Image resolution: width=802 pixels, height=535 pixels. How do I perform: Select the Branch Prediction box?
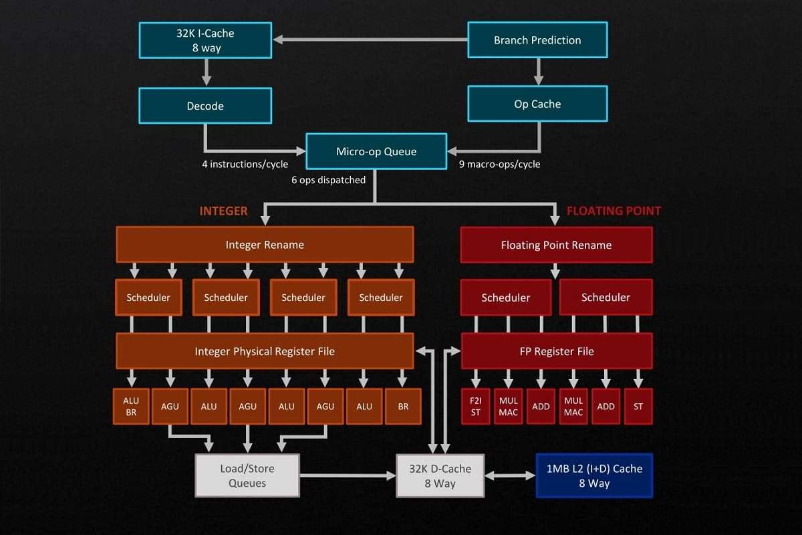click(537, 40)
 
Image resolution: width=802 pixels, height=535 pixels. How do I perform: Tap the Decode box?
click(205, 106)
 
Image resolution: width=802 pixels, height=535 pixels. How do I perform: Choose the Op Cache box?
click(537, 104)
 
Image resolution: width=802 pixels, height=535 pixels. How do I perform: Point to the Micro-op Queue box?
click(376, 151)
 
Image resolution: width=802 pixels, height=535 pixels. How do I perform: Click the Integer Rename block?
click(265, 245)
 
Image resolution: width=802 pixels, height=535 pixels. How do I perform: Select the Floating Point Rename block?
click(556, 245)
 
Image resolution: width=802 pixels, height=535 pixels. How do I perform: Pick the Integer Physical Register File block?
click(265, 351)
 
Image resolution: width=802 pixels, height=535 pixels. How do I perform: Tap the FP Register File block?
click(557, 351)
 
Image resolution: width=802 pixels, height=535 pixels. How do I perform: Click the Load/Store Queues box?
click(247, 475)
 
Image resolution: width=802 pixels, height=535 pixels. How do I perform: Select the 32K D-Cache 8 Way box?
click(440, 475)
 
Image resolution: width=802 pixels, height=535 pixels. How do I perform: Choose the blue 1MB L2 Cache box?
click(594, 475)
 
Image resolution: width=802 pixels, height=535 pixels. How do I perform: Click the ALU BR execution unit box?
click(131, 407)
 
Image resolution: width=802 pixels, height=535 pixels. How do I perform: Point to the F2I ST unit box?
click(475, 407)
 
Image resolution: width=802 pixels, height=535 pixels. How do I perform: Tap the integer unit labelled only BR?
click(402, 407)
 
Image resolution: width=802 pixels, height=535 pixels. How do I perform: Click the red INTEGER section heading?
click(223, 211)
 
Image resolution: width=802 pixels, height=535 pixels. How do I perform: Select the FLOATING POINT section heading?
click(614, 211)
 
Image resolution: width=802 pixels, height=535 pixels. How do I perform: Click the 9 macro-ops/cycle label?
click(500, 164)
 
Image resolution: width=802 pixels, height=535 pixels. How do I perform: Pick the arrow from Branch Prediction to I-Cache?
click(371, 40)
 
